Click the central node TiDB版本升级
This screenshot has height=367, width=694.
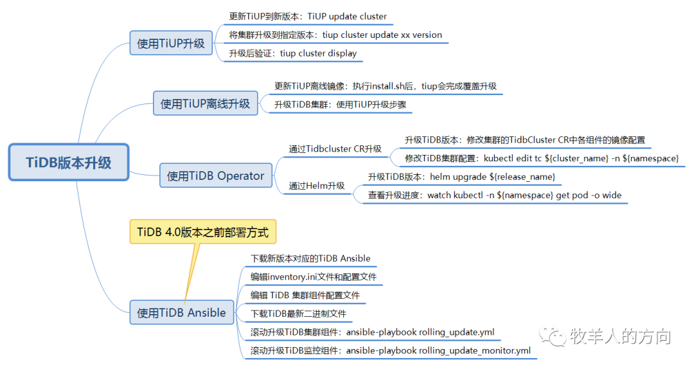click(x=69, y=162)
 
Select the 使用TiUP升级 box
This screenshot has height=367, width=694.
click(x=171, y=43)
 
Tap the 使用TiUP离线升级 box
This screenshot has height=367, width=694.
click(x=205, y=103)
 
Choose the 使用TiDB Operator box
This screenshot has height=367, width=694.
click(x=215, y=175)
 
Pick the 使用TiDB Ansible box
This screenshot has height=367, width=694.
click(x=181, y=313)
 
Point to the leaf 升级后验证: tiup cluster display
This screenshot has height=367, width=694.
click(x=292, y=53)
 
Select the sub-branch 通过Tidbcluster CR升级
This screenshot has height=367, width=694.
click(x=335, y=148)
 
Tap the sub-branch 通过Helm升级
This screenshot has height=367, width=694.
click(x=316, y=186)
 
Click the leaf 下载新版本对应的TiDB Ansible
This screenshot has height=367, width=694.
click(x=310, y=258)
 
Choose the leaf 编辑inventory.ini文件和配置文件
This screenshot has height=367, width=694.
click(x=313, y=277)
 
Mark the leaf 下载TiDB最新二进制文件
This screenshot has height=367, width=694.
click(x=298, y=314)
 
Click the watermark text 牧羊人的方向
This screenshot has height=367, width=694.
click(x=619, y=336)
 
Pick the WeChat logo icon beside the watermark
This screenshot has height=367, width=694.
click(x=553, y=336)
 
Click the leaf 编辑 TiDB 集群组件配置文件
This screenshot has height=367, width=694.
click(x=305, y=296)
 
